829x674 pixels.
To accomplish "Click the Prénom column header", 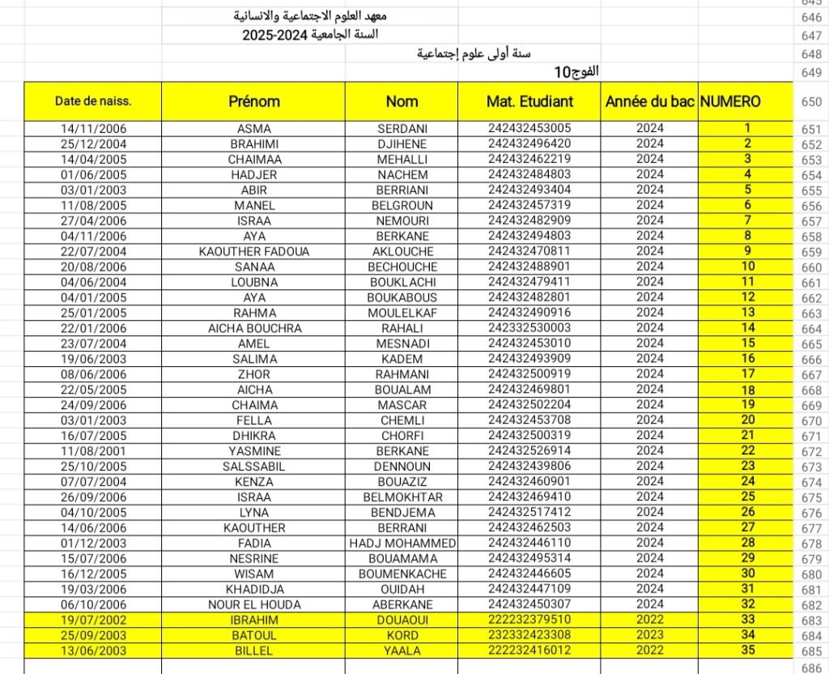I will (253, 101).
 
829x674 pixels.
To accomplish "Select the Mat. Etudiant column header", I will (529, 101).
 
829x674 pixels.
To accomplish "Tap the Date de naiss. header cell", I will (93, 101).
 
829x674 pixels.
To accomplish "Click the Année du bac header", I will (649, 102).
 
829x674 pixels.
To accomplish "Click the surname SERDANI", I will (402, 129).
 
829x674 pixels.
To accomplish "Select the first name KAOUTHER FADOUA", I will (254, 251).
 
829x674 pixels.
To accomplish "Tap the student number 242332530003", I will (529, 328).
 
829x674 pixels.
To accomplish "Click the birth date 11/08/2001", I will (93, 450).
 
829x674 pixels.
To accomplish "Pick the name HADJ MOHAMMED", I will (402, 543).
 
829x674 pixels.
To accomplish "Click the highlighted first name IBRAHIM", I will (254, 620).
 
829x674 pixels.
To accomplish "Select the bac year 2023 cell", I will (649, 635).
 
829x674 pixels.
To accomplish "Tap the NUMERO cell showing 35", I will (747, 650).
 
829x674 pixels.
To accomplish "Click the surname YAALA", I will (402, 651).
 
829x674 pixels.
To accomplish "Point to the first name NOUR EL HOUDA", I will (254, 604).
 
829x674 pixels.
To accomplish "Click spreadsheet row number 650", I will (810, 102).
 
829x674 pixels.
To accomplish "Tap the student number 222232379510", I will (529, 620).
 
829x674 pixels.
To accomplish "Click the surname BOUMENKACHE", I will (402, 574).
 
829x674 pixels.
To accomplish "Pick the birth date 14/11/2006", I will (93, 129).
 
